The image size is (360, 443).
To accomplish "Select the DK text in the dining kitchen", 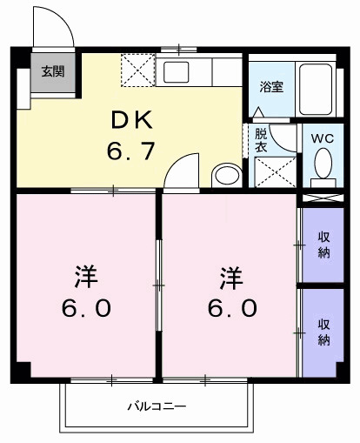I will point(132,119).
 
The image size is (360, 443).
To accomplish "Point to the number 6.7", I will point(132,151).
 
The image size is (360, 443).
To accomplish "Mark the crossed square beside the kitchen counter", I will point(137,69).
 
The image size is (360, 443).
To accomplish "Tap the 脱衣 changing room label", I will point(261,140).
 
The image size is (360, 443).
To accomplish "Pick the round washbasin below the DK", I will point(227,174).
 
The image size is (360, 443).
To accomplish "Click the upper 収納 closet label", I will point(323,245).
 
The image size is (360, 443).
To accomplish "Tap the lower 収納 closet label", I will point(323,332).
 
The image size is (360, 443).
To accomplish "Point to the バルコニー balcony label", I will point(157,406).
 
